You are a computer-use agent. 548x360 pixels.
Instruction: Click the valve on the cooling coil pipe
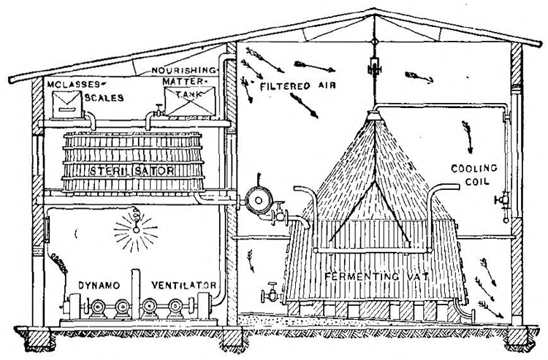503,199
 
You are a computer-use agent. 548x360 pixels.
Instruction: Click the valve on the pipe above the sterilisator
156,114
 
